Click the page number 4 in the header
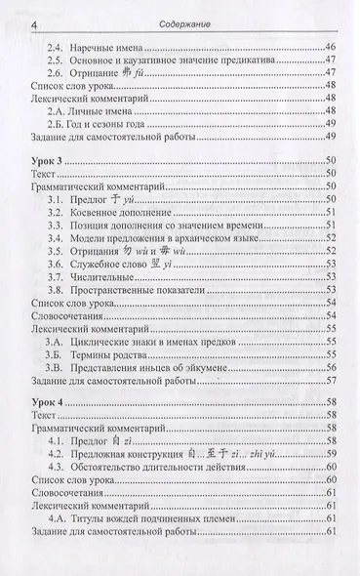[x=11, y=21]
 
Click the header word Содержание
[x=180, y=22]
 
